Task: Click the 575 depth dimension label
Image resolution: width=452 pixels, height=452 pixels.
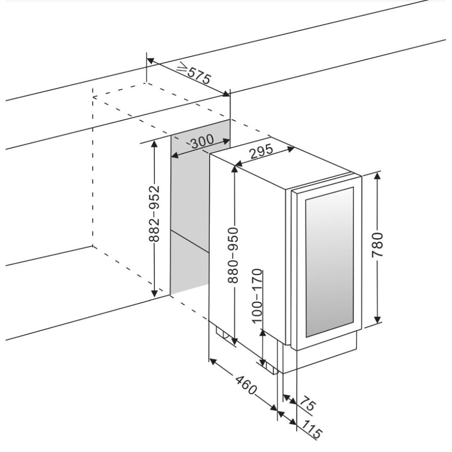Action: [199, 76]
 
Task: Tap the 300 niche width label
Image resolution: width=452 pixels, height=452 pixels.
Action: [202, 141]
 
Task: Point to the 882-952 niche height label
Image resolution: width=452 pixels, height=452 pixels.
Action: [154, 213]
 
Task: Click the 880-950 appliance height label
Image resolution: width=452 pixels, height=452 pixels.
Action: [233, 255]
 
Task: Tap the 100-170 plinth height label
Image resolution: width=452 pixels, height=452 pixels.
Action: [257, 296]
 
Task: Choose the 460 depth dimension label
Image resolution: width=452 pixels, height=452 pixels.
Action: [245, 385]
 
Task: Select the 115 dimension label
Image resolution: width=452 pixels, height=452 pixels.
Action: [312, 431]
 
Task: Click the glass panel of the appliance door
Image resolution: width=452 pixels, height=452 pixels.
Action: [329, 262]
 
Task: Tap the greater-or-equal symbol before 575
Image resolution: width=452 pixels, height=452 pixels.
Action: [182, 66]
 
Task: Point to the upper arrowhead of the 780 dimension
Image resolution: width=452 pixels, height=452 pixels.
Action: [378, 176]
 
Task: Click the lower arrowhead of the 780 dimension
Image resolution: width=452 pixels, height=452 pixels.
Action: [378, 320]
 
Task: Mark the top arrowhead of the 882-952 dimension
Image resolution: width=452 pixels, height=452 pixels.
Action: [155, 144]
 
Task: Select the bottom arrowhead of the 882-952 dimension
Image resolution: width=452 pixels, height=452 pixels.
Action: [155, 292]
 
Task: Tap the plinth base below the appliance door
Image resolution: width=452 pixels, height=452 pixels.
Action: [320, 354]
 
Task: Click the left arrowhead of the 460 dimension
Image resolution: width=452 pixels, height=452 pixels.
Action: [213, 361]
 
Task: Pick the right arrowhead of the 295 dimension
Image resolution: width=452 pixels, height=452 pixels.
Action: [290, 149]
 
